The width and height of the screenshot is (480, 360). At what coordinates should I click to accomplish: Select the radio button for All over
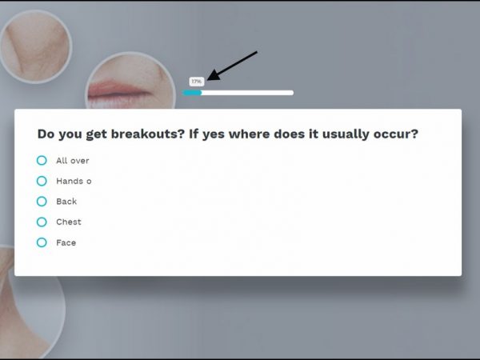click(x=42, y=161)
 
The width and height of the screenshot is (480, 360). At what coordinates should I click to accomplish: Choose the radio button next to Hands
click(x=42, y=181)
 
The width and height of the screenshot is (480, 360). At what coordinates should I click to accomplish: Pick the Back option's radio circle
click(x=42, y=202)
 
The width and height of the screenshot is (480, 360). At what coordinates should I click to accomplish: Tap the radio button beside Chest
click(x=42, y=222)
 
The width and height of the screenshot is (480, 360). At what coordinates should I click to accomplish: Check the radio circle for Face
click(x=42, y=242)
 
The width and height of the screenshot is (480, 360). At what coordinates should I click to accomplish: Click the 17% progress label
click(x=197, y=82)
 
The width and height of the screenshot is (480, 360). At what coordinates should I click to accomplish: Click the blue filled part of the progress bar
click(x=192, y=93)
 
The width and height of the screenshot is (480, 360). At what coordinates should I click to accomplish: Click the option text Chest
click(x=69, y=222)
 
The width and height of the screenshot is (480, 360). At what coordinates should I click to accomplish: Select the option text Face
click(x=66, y=242)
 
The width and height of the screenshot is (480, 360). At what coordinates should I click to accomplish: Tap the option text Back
click(x=66, y=202)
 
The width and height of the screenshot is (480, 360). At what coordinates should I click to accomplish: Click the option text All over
click(x=73, y=161)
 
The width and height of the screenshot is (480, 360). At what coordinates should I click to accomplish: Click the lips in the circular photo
click(x=119, y=90)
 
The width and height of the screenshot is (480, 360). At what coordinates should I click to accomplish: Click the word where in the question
click(x=249, y=134)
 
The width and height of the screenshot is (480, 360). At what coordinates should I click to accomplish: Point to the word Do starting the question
click(x=46, y=134)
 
